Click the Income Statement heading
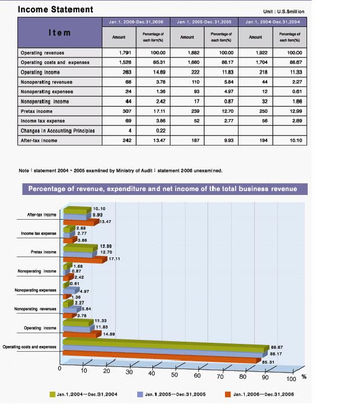coord(56,10)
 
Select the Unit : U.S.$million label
coord(283,12)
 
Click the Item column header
coord(60,33)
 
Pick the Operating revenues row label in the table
coord(42,53)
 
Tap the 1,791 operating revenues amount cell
coord(125,53)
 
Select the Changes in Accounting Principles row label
coord(58,131)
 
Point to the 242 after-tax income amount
coord(127,140)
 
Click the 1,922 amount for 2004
coord(262,53)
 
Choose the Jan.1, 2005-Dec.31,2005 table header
coord(204,22)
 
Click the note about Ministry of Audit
coord(120,171)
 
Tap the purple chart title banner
coord(165,189)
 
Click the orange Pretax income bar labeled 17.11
coord(85,260)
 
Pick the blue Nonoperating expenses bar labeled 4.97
coord(71,290)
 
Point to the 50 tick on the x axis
coord(174,375)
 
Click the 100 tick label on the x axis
coord(291,379)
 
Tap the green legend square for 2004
coord(52,394)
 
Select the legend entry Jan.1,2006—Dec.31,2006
coord(264,394)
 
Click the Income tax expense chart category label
coord(39,233)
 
